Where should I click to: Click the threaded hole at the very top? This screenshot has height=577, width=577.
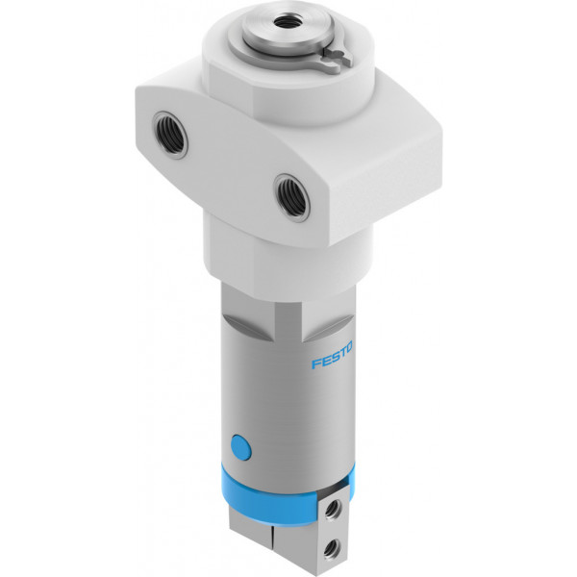coord(284,20)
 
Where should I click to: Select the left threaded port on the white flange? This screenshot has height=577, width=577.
coord(170,135)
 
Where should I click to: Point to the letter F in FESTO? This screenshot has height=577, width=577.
coord(316,364)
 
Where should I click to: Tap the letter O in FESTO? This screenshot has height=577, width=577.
coord(348,347)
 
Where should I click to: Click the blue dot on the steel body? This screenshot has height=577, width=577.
coord(241,447)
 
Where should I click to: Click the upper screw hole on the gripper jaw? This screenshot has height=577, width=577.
coord(334,510)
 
